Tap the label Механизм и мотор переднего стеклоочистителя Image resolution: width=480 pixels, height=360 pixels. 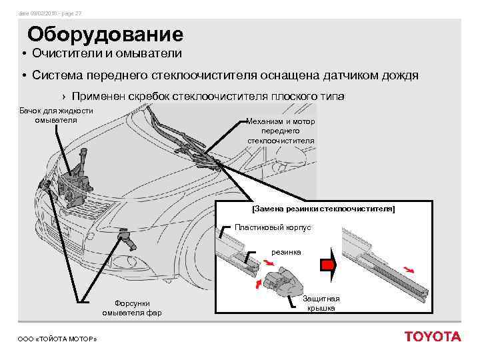pyautogui.click(x=281, y=131)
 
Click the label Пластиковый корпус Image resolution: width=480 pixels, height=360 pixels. pyautogui.click(x=273, y=227)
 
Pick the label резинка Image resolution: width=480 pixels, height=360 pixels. pyautogui.click(x=285, y=252)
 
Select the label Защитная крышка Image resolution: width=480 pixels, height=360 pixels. pyautogui.click(x=321, y=303)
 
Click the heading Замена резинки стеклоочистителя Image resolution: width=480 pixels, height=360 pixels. pyautogui.click(x=323, y=209)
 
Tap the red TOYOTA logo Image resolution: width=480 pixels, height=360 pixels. pyautogui.click(x=432, y=337)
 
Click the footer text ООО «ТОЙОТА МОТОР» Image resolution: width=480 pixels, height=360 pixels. pyautogui.click(x=57, y=339)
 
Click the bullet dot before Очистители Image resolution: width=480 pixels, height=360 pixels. pyautogui.click(x=23, y=53)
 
